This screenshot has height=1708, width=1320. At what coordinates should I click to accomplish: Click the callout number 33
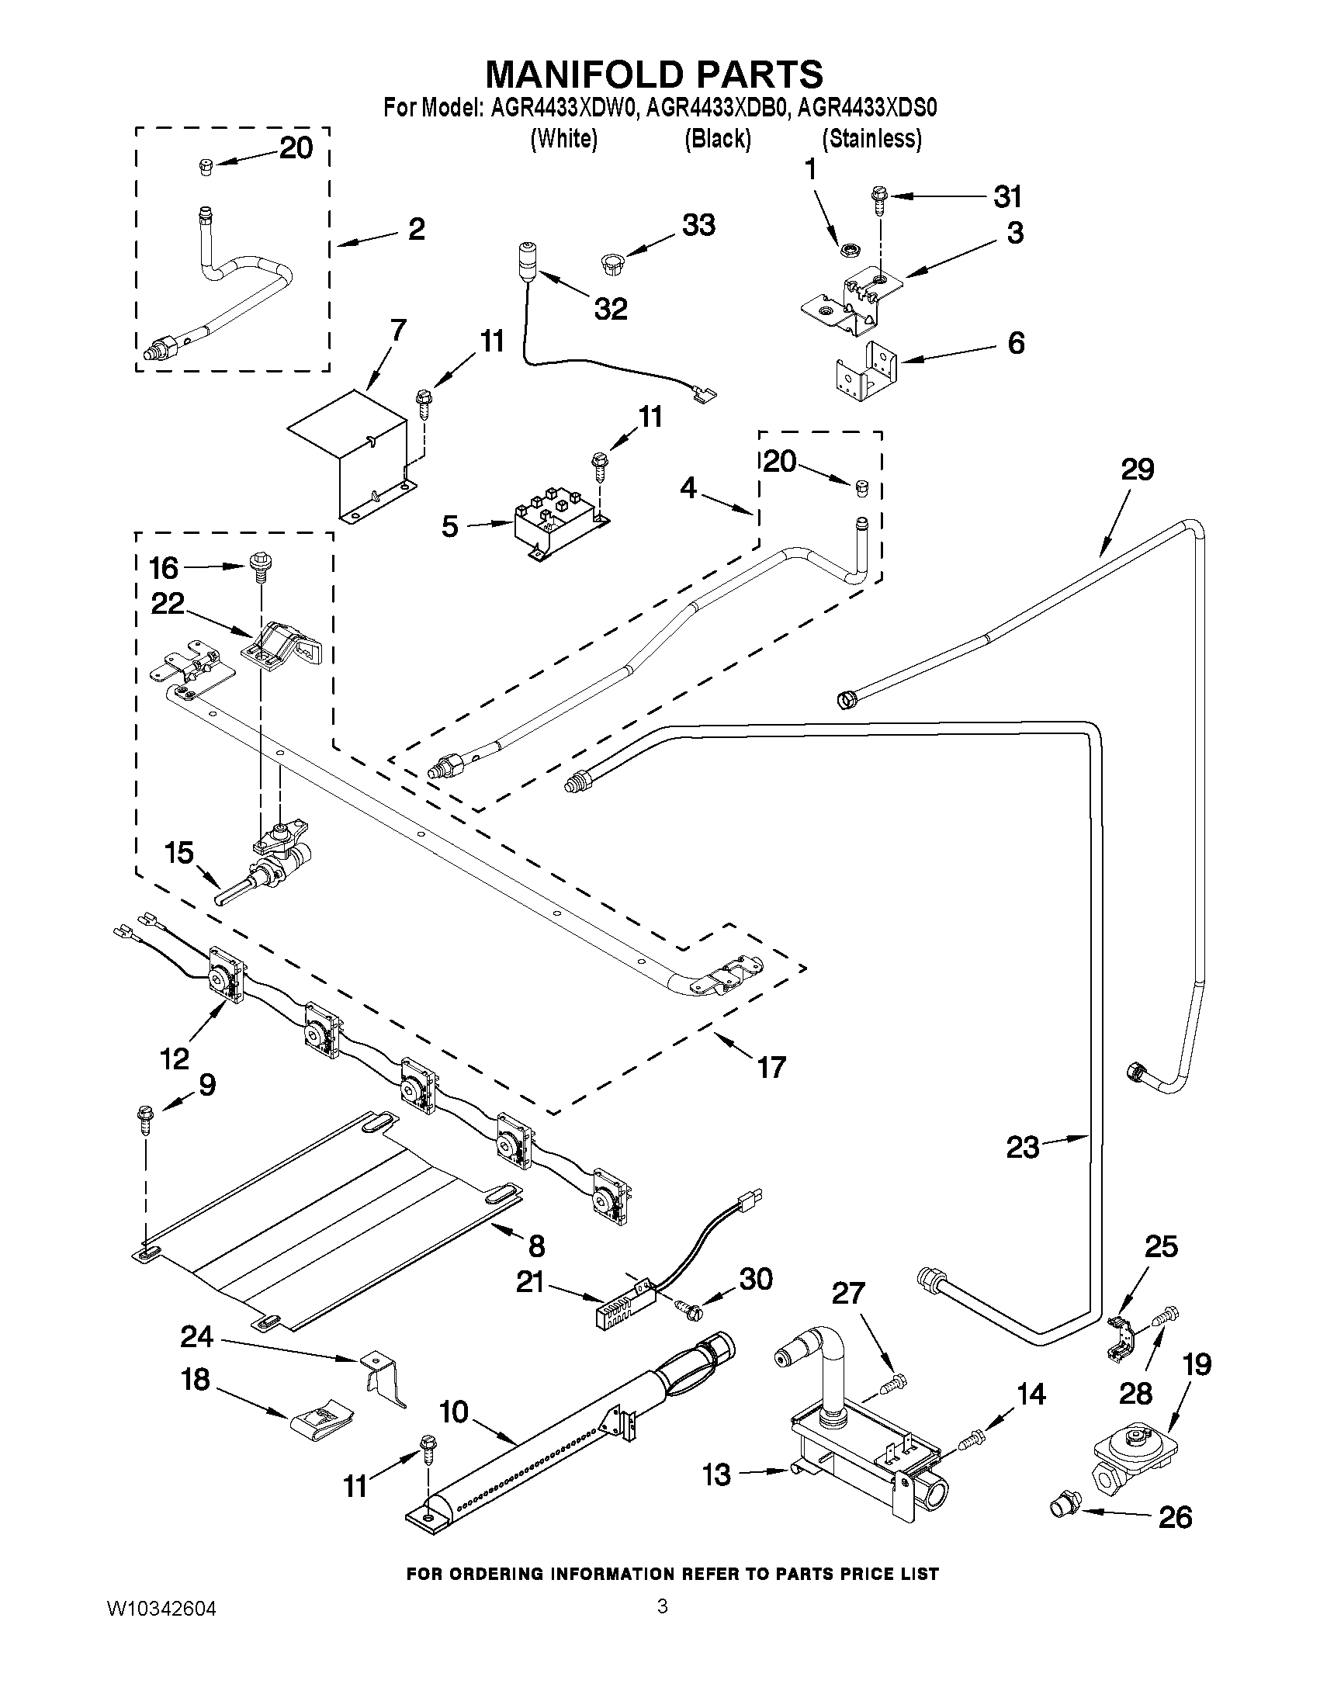click(698, 225)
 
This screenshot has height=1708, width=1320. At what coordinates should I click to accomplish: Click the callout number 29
click(1137, 470)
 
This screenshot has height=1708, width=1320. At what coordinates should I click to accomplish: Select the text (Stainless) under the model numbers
click(872, 139)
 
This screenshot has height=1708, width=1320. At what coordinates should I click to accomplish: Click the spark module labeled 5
click(556, 521)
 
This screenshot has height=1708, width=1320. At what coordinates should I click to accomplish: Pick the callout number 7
click(397, 331)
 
